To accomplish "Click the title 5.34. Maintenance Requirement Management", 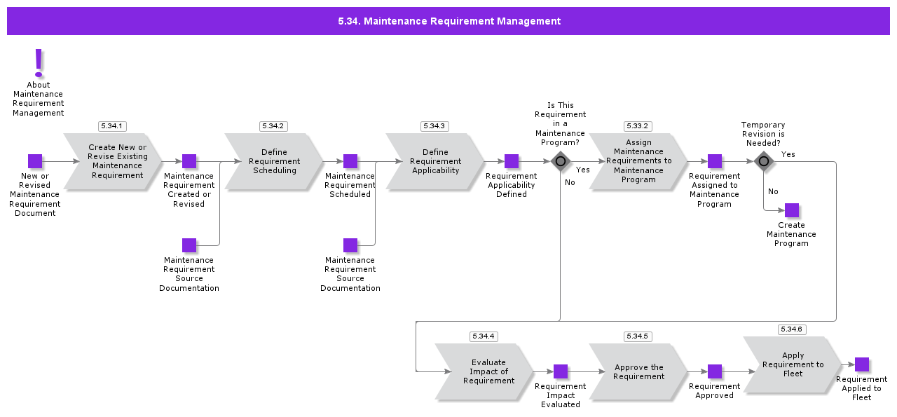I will pos(448,21).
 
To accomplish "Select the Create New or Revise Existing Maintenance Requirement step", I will pos(116,162).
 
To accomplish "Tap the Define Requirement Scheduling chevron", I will pos(274,162).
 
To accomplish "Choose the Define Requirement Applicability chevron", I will pos(435,162).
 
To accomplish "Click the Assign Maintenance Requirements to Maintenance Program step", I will pos(638,162).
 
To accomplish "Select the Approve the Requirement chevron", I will pos(638,372).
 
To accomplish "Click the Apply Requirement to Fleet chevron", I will pos(793,364).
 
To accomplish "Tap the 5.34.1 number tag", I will pos(112,126).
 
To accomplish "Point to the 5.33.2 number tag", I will pos(638,126).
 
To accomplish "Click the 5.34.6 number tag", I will pos(792,329).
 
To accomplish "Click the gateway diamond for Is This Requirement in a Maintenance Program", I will pos(560,161).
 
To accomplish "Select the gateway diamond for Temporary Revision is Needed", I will pos(764,161).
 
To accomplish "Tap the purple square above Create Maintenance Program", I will pos(792,210).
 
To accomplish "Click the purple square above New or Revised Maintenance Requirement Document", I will pos(35,161).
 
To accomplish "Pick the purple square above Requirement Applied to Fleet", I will pos(862,364).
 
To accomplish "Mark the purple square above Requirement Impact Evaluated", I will pos(561,371).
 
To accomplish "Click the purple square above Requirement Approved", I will pos(715,371).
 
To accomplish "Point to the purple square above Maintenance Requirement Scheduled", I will pos(350,161).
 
